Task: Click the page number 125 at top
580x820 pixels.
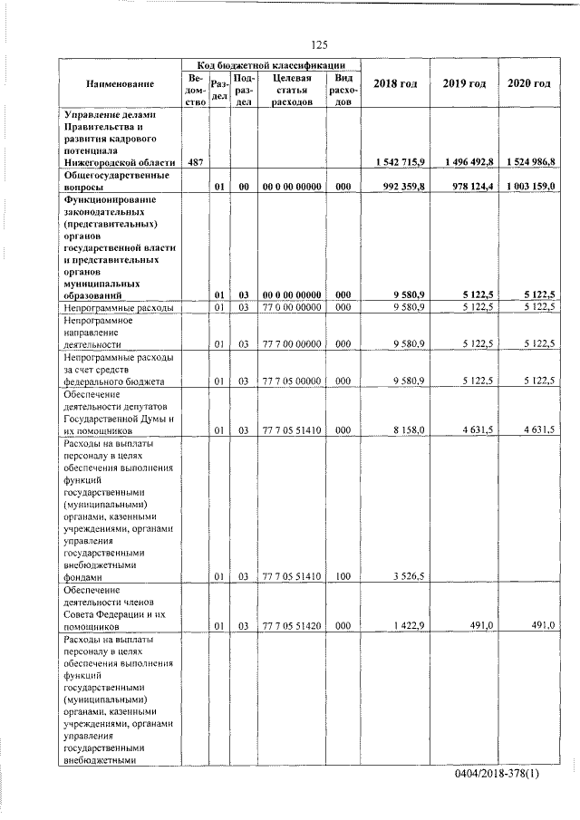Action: tap(318, 44)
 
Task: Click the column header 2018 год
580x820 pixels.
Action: tap(395, 84)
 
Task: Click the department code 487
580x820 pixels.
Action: tap(193, 161)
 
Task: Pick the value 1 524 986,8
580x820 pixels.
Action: tap(531, 161)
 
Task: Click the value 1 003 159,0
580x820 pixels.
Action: tap(531, 187)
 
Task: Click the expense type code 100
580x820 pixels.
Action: tap(342, 575)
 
